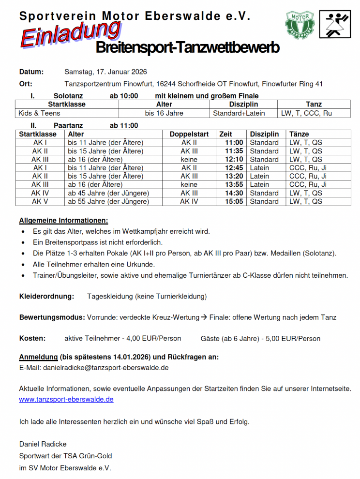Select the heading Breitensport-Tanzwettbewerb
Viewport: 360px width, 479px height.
pos(187,48)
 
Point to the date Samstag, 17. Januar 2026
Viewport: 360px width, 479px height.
pos(105,72)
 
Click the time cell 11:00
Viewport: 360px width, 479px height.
pos(234,143)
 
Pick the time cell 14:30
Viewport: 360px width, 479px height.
pos(234,193)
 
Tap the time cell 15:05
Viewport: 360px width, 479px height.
pos(234,201)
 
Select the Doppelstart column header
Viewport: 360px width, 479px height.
pos(189,134)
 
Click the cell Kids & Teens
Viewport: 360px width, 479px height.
pos(40,113)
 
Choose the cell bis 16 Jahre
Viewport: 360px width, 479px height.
pos(164,113)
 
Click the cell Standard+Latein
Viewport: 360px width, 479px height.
pos(239,113)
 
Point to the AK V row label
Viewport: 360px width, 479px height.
pos(40,201)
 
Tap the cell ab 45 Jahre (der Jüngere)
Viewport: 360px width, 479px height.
pos(108,193)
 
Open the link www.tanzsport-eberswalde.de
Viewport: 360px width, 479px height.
pos(66,400)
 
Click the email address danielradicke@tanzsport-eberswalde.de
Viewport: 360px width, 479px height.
pos(106,368)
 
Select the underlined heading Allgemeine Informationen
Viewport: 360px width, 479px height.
pos(63,221)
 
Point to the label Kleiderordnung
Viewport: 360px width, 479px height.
pos(46,296)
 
